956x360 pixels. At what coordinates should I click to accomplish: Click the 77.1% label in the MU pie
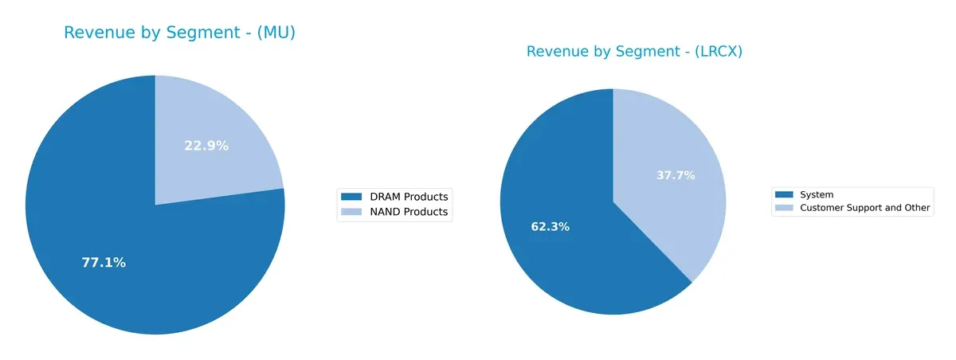[104, 263]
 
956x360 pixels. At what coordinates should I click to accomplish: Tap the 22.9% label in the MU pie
[206, 146]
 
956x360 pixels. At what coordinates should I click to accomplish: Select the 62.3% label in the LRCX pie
[550, 227]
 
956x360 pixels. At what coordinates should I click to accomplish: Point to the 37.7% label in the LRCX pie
[675, 175]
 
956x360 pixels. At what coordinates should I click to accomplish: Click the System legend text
[816, 194]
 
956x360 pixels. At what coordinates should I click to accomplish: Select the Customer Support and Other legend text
[864, 208]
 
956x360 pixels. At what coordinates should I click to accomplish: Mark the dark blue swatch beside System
[784, 194]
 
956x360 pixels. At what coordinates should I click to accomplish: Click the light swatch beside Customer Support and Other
[784, 208]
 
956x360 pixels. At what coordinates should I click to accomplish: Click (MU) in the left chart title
[272, 33]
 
